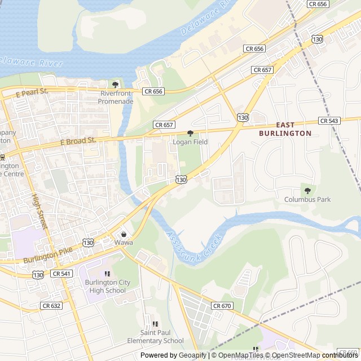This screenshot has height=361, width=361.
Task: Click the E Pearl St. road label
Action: point(32,92)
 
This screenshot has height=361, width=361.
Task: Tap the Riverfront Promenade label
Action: point(116,97)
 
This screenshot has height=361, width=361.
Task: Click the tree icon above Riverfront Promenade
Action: point(116,85)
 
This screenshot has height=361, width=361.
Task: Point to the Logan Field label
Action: point(190,142)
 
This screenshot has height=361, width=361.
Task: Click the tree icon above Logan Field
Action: point(190,133)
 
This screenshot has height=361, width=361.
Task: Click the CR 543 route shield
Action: point(329,121)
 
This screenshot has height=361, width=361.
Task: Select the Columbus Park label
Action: point(307,200)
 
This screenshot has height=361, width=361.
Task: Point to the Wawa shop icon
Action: point(124,234)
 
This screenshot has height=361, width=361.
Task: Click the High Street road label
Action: point(38,212)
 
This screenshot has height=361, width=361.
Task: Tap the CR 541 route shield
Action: point(61,274)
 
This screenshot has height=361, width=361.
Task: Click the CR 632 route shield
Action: point(51,305)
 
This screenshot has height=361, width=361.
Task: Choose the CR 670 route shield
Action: point(222,305)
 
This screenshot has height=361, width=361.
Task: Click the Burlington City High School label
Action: point(105,287)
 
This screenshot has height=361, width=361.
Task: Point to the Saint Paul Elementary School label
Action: point(155,337)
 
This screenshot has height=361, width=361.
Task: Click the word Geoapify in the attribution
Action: point(192,355)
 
